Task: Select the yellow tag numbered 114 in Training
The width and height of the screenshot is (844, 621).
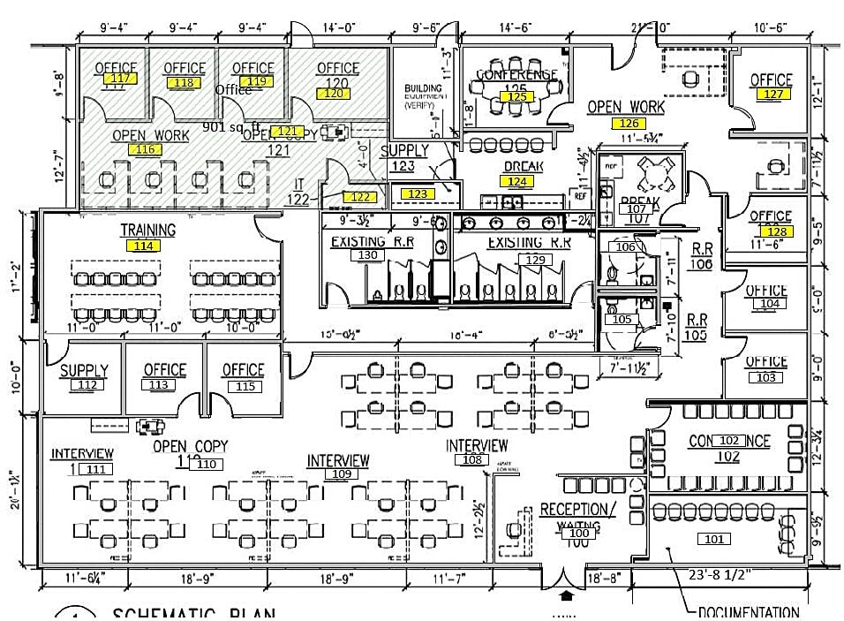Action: [x=143, y=246]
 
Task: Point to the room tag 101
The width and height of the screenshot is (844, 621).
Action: [x=713, y=538]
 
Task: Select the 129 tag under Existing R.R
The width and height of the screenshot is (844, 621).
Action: [x=534, y=260]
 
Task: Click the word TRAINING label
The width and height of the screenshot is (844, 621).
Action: [x=148, y=230]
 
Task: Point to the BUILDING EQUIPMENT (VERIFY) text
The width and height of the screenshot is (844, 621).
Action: [x=424, y=96]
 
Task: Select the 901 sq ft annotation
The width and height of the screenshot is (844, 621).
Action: [x=230, y=127]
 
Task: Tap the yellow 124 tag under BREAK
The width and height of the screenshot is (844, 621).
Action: [x=517, y=181]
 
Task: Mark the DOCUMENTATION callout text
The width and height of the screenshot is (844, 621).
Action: [x=748, y=612]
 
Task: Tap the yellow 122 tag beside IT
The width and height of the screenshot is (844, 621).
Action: [x=360, y=197]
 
